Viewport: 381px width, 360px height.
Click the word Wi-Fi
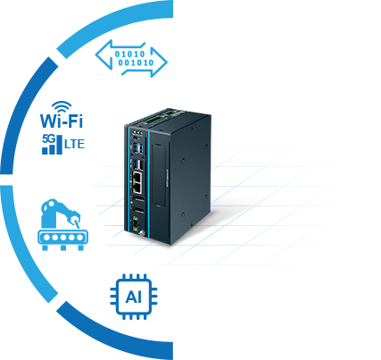pyautogui.click(x=62, y=121)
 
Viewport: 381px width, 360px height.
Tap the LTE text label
pyautogui.click(x=75, y=144)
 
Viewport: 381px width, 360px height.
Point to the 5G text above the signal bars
pyautogui.click(x=48, y=138)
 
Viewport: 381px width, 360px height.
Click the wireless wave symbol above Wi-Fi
pyautogui.click(x=62, y=106)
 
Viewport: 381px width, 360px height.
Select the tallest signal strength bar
pyautogui.click(x=60, y=145)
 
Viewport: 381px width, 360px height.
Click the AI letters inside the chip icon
pyautogui.click(x=134, y=297)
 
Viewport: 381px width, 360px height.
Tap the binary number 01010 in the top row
pyautogui.click(x=130, y=54)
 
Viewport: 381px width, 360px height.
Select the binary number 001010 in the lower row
pyautogui.click(x=136, y=63)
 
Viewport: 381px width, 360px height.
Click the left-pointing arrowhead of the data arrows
pyautogui.click(x=104, y=55)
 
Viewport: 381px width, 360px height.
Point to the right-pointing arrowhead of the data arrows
pyautogui.click(x=159, y=63)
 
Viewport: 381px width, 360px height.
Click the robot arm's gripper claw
pyautogui.click(x=75, y=217)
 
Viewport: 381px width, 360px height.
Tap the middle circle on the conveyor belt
pyautogui.click(x=63, y=238)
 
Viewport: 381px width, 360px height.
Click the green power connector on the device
pyautogui.click(x=136, y=222)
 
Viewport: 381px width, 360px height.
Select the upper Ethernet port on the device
pyautogui.click(x=137, y=177)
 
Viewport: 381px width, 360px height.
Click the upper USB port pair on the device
pyautogui.click(x=138, y=148)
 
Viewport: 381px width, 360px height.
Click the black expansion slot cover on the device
pyautogui.click(x=160, y=175)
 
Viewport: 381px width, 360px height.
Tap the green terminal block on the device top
pyautogui.click(x=153, y=120)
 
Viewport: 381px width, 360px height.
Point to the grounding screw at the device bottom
pyautogui.click(x=142, y=234)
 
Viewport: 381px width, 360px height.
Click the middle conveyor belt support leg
pyautogui.click(x=63, y=247)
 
